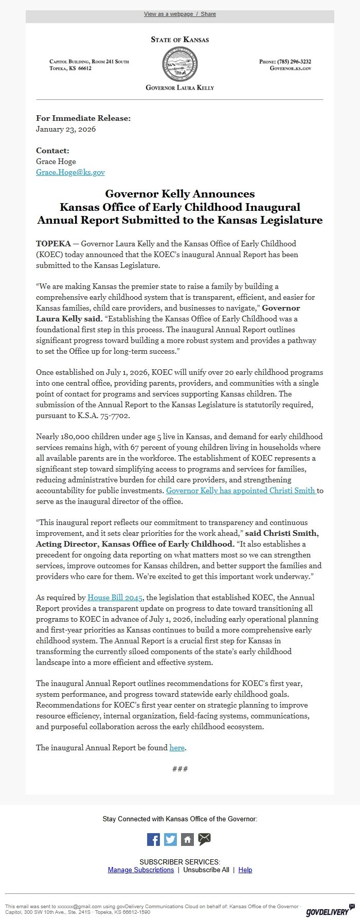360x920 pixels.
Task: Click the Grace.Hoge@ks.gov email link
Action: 70,172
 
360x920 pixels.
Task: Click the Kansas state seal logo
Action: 179,63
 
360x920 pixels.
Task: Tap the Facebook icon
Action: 153,839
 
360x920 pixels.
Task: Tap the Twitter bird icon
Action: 170,839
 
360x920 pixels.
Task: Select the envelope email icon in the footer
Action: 204,839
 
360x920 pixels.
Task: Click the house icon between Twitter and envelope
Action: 187,839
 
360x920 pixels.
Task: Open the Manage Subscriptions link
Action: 140,870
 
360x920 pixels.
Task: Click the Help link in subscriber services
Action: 245,870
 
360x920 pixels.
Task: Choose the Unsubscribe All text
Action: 206,870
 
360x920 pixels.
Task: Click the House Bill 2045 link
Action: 115,598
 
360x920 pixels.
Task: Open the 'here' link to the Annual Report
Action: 177,748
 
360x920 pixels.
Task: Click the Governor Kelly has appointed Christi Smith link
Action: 241,491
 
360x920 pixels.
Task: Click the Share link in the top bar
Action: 208,14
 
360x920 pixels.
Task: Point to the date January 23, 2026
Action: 66,129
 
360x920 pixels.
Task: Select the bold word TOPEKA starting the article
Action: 53,243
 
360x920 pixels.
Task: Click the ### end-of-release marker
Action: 180,769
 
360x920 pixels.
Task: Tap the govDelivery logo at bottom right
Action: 327,912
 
